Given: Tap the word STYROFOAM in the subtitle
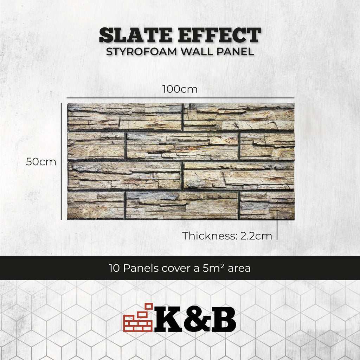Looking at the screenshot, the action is (x=141, y=52).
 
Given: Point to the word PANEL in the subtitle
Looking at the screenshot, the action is (x=235, y=52).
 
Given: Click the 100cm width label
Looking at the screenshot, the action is (x=180, y=89).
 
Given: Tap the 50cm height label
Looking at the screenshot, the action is (x=41, y=162).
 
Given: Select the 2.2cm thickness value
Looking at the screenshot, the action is (x=256, y=236).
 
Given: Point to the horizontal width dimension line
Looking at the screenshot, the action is (x=180, y=98).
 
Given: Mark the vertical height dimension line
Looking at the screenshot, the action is (x=61, y=161).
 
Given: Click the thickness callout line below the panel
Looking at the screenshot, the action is (x=277, y=225).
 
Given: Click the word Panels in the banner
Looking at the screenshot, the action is (x=141, y=268).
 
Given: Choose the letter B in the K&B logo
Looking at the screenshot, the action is (x=224, y=319).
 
